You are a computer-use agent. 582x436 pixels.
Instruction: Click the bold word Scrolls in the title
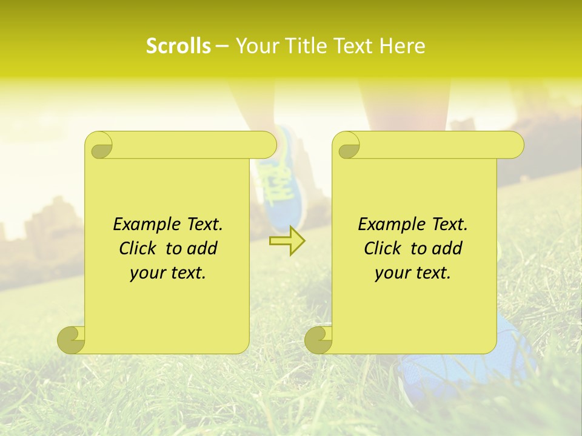click(x=178, y=46)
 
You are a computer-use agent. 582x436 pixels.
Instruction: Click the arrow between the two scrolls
click(x=287, y=241)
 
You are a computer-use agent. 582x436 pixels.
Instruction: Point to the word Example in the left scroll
click(x=144, y=225)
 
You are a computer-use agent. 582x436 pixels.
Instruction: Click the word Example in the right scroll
click(x=389, y=225)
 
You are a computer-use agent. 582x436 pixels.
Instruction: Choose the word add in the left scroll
click(x=203, y=248)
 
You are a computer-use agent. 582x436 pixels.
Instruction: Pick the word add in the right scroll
click(x=448, y=248)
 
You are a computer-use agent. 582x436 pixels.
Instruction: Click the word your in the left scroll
click(x=147, y=273)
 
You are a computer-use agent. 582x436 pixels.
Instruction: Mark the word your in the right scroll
click(x=392, y=273)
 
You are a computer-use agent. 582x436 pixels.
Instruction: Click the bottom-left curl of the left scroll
click(x=72, y=340)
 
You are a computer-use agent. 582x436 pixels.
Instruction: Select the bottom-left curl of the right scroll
click(x=318, y=340)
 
